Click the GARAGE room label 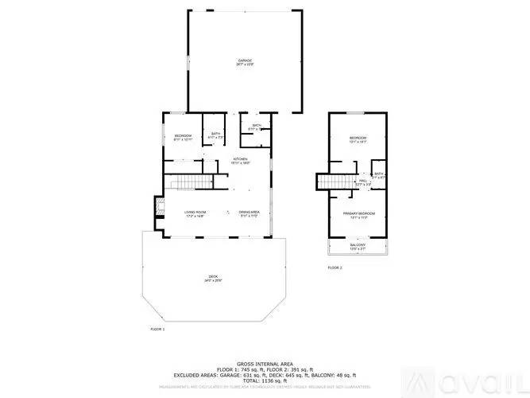tap(244, 61)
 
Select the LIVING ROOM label tap(195, 213)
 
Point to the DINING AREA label tap(250, 213)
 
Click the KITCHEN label tap(241, 159)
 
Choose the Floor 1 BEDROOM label tap(184, 136)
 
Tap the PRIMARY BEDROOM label tap(359, 214)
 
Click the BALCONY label tap(358, 245)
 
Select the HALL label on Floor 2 tap(362, 181)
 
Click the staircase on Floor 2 tap(334, 184)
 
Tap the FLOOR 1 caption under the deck tap(157, 328)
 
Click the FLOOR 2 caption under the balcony tap(335, 268)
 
